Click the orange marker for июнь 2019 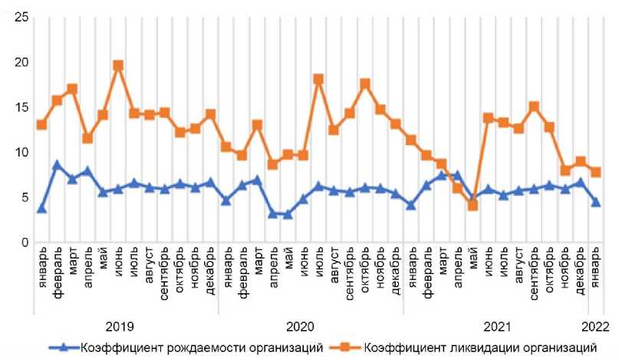[118, 66]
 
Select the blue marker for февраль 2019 [57, 165]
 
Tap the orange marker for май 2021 [472, 205]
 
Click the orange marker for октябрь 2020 [364, 84]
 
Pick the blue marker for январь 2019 [41, 208]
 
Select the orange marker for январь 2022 [595, 172]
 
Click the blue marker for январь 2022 [595, 202]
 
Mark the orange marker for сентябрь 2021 [534, 107]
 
